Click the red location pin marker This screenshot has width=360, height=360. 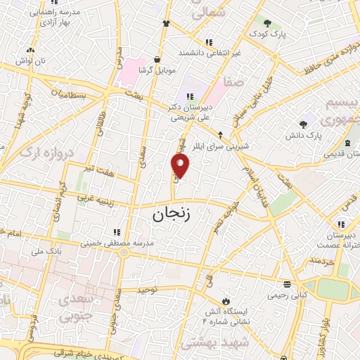coord(181,167)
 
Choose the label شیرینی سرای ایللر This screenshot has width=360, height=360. coord(247,146)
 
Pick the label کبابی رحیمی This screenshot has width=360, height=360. coord(288,295)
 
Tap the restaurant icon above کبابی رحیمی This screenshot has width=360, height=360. coord(287,284)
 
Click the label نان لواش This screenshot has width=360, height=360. coord(32,61)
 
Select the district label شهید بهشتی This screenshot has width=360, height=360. coord(210,342)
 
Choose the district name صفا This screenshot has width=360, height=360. coord(233,82)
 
